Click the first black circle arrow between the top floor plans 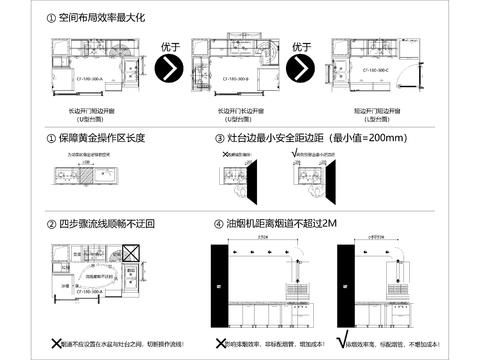point(171,68)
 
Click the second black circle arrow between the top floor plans point(301,68)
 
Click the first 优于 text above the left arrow point(171,46)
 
